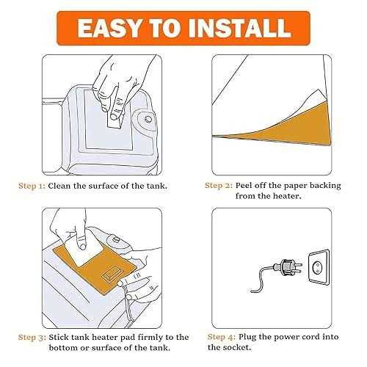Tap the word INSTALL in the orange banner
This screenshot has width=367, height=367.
pos(241,28)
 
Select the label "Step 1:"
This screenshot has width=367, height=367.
pos(32,186)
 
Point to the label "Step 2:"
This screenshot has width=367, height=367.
pos(219,186)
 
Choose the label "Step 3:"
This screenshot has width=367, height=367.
pos(32,338)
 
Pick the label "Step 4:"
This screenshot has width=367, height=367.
pos(222,337)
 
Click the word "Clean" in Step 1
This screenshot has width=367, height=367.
pos(59,186)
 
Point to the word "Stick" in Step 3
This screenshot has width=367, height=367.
pos(59,337)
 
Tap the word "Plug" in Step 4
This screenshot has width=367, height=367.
pos(247,338)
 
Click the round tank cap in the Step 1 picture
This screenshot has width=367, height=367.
pos(147,119)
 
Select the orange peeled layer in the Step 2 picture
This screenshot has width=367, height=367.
pos(288,128)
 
